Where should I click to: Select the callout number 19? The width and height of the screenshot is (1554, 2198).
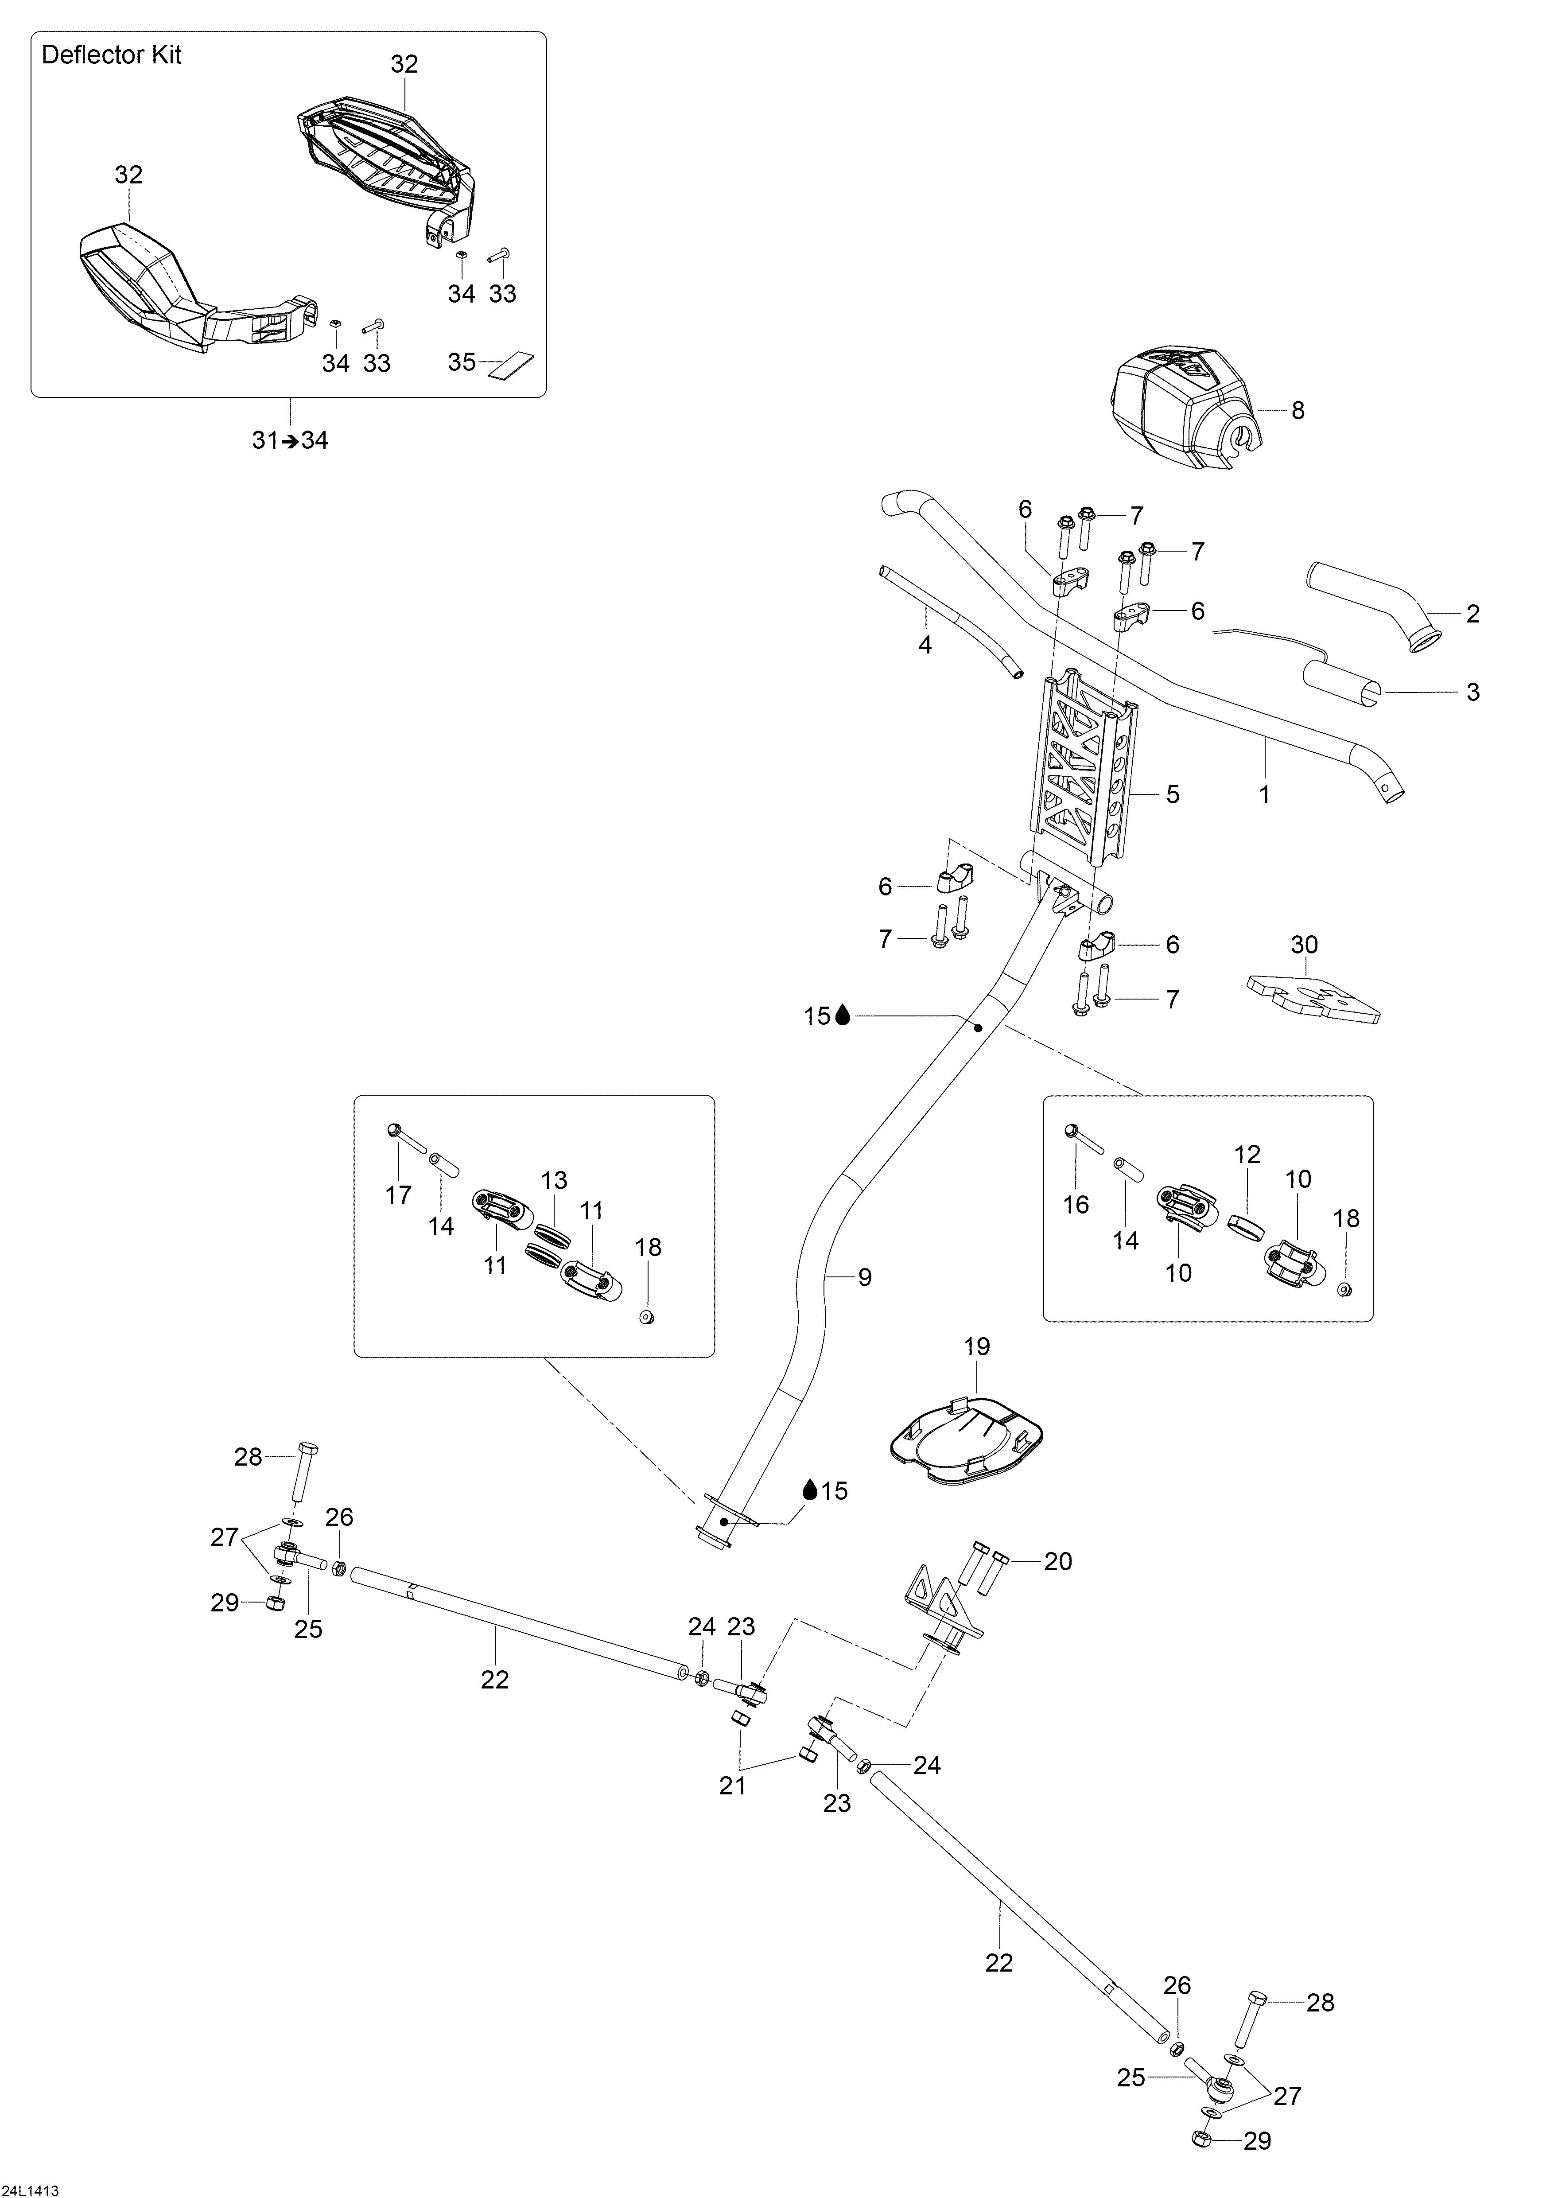tap(976, 1347)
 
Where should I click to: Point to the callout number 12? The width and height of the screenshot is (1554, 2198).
tap(1248, 1155)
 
